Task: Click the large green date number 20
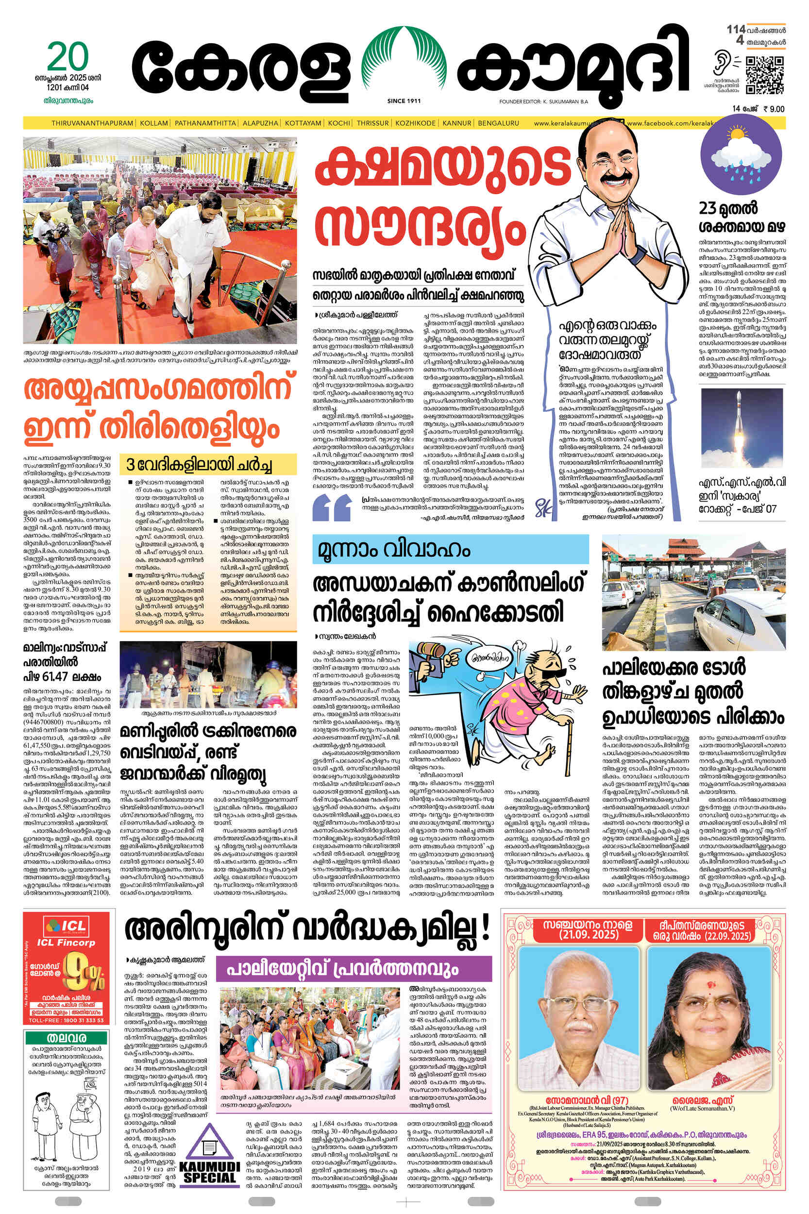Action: (68, 57)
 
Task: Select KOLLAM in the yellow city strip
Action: (154, 123)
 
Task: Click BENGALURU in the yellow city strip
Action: (498, 123)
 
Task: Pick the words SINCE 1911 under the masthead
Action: (404, 101)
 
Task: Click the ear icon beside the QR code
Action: (721, 64)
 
